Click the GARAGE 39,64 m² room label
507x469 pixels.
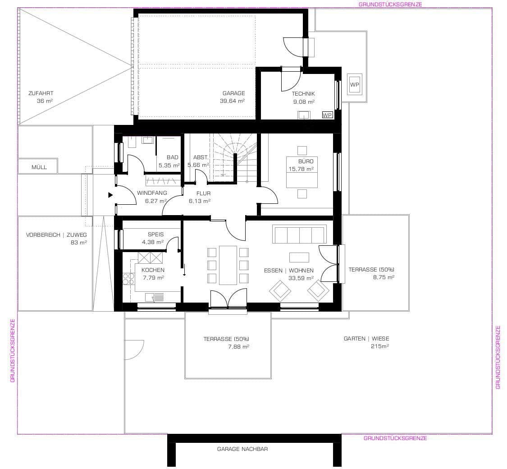point(233,97)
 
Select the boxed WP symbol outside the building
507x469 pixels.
point(355,84)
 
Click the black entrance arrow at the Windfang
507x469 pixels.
point(110,195)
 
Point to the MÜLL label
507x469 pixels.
point(39,167)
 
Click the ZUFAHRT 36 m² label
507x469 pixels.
point(41,97)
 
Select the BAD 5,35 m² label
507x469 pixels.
point(169,161)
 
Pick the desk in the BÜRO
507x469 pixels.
point(302,172)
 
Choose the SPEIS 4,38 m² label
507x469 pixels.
point(155,239)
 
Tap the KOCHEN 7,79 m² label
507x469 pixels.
point(153,274)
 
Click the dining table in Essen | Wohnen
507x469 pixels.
point(228,265)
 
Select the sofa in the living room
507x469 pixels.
point(299,234)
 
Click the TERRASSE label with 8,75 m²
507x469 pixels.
point(371,273)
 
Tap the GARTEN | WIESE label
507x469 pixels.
point(366,342)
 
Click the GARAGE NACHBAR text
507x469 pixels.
point(242,449)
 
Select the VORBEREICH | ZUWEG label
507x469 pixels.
point(56,239)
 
